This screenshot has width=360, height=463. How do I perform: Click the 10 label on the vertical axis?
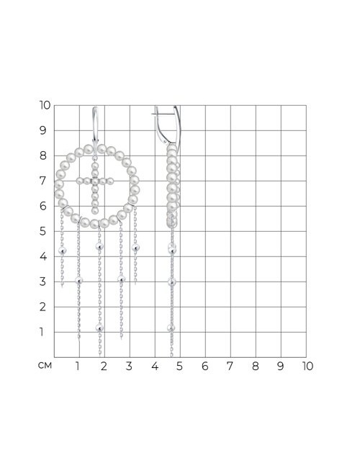click(45, 105)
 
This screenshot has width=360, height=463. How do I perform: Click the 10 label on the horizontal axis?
click(307, 366)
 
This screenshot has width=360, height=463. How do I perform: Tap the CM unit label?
click(45, 366)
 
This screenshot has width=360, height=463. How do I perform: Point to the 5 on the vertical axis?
click(43, 231)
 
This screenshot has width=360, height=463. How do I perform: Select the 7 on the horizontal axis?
click(230, 366)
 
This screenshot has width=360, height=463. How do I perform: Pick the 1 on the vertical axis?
click(42, 332)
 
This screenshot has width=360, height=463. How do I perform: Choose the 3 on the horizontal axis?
click(129, 366)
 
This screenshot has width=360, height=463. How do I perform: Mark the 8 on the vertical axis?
click(43, 156)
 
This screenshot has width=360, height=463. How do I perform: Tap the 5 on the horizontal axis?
click(179, 366)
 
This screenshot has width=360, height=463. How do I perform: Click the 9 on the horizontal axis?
click(280, 366)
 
